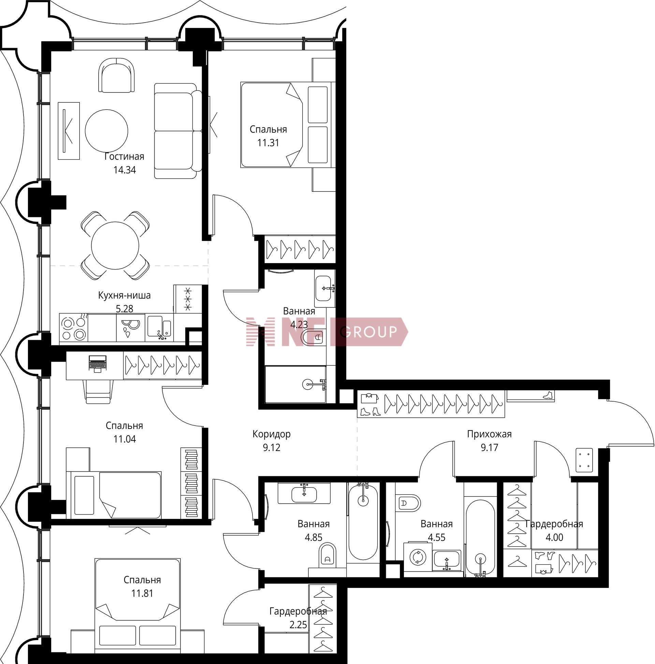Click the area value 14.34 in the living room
(125, 170)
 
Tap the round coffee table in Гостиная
(106, 131)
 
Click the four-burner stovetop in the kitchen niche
(74, 328)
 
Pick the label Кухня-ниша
(125, 295)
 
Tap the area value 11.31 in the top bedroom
(268, 143)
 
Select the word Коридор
(272, 434)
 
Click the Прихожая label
(489, 434)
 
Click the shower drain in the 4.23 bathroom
(307, 384)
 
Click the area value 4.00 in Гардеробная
(554, 537)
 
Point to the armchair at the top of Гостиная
(116, 75)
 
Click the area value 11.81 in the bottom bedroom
(142, 593)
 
